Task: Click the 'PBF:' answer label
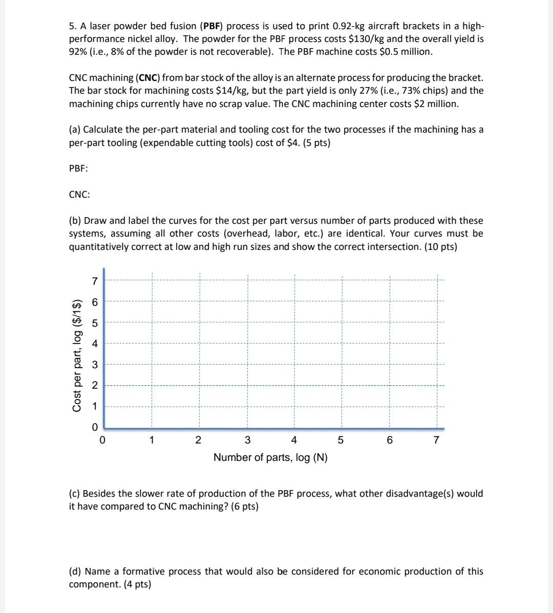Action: (x=78, y=168)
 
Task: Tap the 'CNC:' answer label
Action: (x=79, y=195)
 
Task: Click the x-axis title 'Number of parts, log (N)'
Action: (x=270, y=457)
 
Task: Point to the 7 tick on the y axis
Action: (x=94, y=281)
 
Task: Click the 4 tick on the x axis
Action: (x=294, y=440)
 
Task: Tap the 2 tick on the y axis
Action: (x=94, y=386)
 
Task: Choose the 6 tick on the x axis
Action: (x=390, y=440)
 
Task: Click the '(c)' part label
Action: (x=75, y=494)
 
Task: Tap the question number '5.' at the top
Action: (x=73, y=26)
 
